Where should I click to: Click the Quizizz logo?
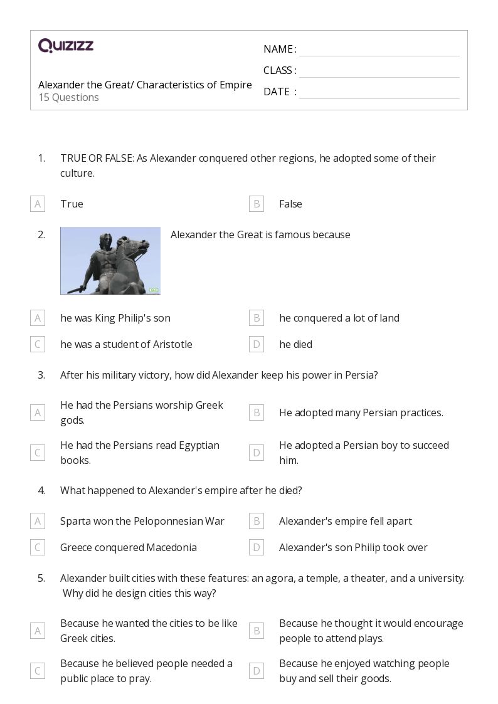pos(66,46)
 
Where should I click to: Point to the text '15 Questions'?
pos(68,97)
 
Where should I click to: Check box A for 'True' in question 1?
pos(38,204)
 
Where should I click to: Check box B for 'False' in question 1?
pos(256,204)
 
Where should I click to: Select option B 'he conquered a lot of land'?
pos(256,318)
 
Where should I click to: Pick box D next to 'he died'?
pos(256,344)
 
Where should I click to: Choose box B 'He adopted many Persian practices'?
pos(256,412)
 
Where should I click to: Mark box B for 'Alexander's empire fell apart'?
pos(256,521)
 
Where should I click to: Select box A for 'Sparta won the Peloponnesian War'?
pos(38,521)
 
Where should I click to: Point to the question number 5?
pos(41,578)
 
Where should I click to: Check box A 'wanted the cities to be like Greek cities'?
pos(38,631)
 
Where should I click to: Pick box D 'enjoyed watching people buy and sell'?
pos(256,671)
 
